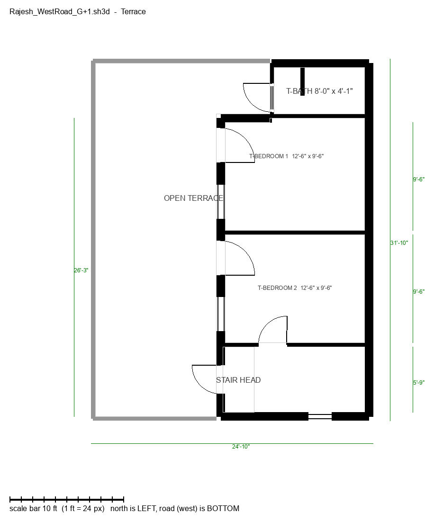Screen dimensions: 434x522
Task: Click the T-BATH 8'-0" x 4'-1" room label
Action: click(319, 91)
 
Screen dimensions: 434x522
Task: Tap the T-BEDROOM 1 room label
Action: click(269, 156)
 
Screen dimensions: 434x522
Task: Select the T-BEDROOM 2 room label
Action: click(277, 288)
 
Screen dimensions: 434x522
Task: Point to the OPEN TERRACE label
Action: click(193, 198)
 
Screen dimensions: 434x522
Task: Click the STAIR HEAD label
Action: click(238, 380)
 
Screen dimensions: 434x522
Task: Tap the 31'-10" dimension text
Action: click(399, 243)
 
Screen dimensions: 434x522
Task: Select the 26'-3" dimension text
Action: click(81, 270)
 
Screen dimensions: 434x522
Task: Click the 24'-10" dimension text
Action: click(241, 447)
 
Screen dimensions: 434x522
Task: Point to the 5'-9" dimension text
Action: click(419, 383)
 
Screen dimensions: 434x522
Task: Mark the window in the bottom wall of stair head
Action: click(320, 416)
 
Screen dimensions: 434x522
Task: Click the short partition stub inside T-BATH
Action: click(302, 81)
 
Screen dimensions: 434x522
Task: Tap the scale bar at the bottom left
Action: click(67, 499)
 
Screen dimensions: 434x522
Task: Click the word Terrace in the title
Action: click(133, 12)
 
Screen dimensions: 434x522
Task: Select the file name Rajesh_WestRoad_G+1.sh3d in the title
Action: click(60, 12)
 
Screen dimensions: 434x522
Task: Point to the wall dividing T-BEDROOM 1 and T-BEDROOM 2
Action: click(295, 233)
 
